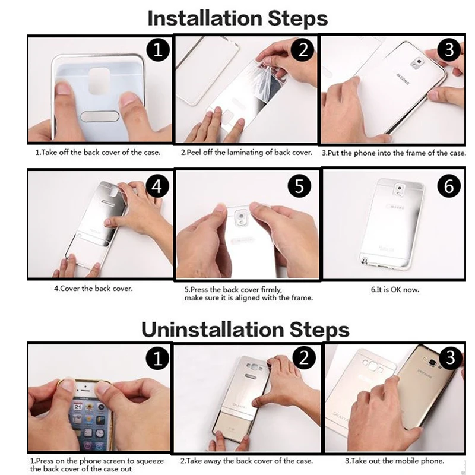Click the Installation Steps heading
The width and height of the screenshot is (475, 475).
(237, 18)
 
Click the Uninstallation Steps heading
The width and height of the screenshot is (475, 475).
(245, 330)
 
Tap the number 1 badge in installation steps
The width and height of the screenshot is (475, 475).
(158, 50)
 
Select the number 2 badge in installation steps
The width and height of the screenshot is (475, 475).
(303, 50)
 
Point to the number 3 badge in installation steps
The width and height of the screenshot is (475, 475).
(449, 50)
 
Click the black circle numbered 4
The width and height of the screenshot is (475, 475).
(157, 186)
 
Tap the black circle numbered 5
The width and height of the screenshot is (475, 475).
(299, 186)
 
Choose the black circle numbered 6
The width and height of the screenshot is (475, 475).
(449, 186)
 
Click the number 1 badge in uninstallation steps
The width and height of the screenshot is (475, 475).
(157, 359)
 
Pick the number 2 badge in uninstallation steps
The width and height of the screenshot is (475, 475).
(304, 358)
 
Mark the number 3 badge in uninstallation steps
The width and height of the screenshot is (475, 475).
(451, 358)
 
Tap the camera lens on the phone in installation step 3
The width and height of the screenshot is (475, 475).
(419, 62)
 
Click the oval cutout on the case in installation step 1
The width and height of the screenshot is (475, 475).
(100, 116)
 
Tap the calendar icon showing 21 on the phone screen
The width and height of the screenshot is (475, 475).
(78, 407)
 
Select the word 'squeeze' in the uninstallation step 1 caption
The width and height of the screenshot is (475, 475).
(150, 461)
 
